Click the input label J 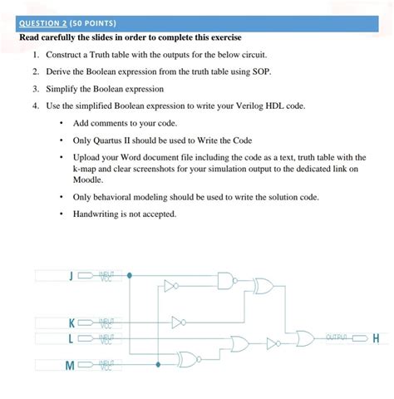(72, 275)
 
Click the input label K (71, 323)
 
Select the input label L (72, 338)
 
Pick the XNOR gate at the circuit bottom (191, 359)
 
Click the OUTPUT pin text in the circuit (337, 337)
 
